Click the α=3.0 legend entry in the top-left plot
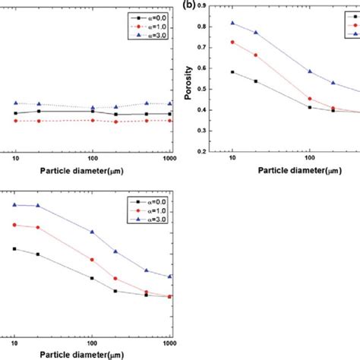[x=155, y=34]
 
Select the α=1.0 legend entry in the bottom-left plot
[x=155, y=210]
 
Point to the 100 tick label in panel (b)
[x=308, y=160]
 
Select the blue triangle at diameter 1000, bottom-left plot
[x=170, y=277]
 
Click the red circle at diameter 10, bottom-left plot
[x=14, y=225]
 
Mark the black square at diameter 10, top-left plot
[x=14, y=114]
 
